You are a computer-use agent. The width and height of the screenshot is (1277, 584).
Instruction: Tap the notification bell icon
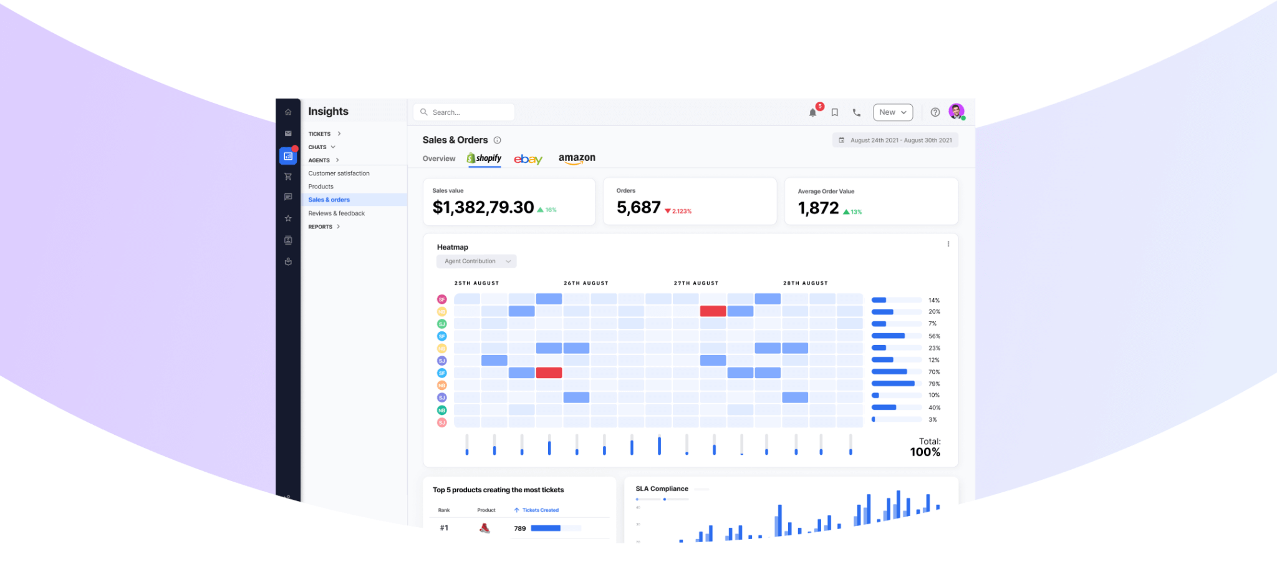(812, 112)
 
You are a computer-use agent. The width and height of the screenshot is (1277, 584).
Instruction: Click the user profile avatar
(956, 112)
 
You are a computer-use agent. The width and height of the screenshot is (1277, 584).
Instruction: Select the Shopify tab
(484, 158)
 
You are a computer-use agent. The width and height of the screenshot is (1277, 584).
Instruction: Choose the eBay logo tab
(528, 159)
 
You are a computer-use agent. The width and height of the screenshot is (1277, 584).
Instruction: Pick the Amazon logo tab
(577, 158)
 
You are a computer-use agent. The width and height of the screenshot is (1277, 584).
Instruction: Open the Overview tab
(439, 158)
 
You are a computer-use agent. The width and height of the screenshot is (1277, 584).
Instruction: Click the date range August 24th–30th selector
(895, 140)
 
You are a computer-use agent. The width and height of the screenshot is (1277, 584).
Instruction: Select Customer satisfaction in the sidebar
(339, 173)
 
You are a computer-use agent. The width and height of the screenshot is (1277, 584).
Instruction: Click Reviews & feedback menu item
(336, 213)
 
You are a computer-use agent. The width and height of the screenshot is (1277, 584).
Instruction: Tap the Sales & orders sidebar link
(329, 200)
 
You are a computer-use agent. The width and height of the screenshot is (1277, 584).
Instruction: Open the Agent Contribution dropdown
(476, 261)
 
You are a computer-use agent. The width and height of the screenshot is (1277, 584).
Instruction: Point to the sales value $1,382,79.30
(483, 207)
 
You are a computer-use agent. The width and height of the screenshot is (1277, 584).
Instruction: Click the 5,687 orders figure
(638, 207)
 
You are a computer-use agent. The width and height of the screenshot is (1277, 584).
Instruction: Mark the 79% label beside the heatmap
(934, 384)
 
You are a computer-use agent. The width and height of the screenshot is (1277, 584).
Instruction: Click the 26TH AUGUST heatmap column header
(585, 283)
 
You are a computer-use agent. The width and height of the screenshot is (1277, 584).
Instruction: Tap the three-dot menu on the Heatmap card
(948, 244)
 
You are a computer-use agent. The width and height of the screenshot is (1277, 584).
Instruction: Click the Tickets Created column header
(540, 510)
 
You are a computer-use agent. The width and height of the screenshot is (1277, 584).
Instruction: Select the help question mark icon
(935, 112)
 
